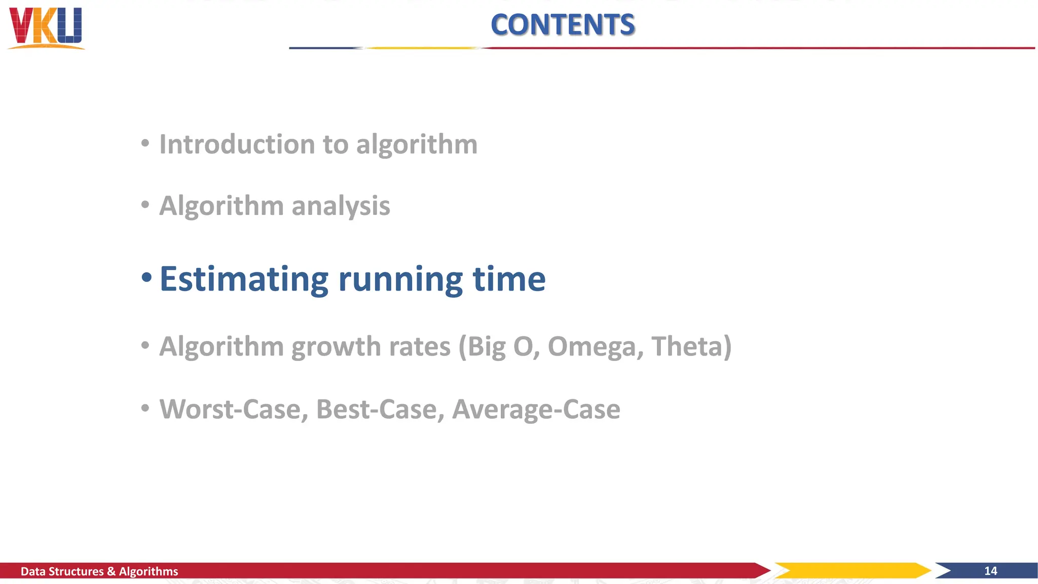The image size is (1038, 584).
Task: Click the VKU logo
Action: pos(46,28)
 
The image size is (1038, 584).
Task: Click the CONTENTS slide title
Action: pos(563,25)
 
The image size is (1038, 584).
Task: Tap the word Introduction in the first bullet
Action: pos(237,144)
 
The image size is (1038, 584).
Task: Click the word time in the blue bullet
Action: pos(509,279)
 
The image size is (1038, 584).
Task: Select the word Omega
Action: pos(596,347)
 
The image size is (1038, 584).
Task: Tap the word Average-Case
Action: pos(536,409)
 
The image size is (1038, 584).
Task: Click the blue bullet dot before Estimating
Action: pos(146,278)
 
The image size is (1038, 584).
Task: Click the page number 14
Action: pos(990,571)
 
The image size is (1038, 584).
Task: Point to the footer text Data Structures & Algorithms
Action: pos(99,571)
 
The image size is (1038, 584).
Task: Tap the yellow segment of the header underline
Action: pos(422,48)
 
